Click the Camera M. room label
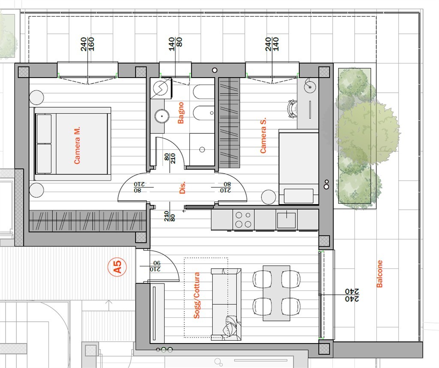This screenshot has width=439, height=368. pos(77,145)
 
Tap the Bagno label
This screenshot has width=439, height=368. pos(181,112)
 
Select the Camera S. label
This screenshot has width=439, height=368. pos(263,135)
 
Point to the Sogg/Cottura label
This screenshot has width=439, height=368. pos(197,295)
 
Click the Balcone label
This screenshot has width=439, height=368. pos(379,274)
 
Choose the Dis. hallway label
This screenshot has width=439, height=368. pos(182,187)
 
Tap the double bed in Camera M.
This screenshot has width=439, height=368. pos(72,144)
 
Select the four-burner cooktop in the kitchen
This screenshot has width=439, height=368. pos(244,220)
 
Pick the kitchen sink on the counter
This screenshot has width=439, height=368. pos(286,220)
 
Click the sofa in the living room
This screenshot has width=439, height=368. pos(226,305)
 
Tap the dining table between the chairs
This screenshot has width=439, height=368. pos(277,293)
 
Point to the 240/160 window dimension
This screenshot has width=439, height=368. pos(87,44)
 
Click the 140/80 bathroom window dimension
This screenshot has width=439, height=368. pos(175,44)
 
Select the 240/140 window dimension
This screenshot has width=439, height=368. pos(272,44)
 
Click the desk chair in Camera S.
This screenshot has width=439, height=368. pos(292,109)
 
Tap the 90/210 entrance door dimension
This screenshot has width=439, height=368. pos(155,266)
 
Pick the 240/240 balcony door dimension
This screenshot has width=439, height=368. pos(352,295)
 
